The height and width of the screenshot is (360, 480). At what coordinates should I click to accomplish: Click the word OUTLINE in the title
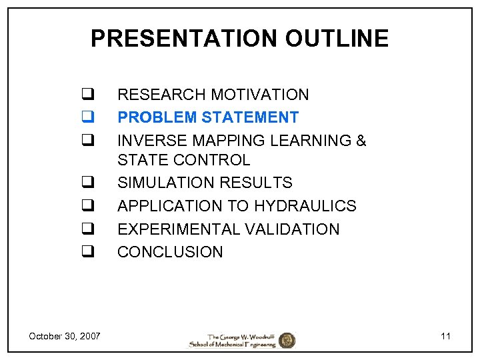click(337, 39)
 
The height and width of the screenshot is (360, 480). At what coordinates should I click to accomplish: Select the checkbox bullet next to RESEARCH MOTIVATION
click(87, 95)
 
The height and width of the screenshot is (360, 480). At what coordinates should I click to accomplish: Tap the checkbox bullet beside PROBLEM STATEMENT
click(87, 117)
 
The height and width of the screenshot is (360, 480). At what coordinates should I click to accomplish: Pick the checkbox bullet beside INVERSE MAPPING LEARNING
click(87, 141)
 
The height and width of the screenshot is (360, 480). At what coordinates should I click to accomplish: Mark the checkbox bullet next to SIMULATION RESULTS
click(87, 183)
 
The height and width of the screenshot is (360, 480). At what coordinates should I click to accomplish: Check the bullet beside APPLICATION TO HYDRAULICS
click(87, 206)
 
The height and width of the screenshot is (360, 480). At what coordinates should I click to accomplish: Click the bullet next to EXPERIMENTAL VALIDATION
click(87, 229)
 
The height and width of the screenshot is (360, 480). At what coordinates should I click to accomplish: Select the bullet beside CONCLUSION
click(87, 252)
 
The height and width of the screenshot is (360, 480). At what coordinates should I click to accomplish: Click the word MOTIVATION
click(259, 95)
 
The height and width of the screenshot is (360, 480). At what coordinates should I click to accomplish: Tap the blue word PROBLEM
click(157, 117)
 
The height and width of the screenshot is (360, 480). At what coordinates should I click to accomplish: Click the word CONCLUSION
click(170, 252)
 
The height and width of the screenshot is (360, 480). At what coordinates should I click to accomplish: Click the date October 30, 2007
click(65, 336)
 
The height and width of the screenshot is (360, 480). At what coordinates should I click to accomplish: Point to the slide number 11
click(445, 336)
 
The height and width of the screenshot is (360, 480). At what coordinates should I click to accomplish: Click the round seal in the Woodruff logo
click(287, 340)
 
